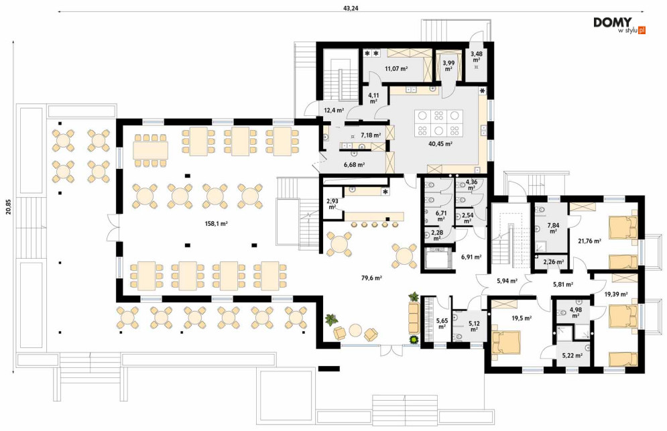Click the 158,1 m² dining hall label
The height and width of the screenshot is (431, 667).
[216, 223]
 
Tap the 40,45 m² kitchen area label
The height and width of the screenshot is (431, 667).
[440, 144]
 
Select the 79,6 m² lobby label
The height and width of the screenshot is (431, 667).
[371, 278]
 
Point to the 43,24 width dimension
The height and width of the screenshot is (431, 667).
[351, 8]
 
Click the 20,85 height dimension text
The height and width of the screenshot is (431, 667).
[8, 208]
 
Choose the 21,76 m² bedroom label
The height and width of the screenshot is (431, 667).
[589, 241]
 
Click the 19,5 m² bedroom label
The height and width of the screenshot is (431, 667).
[522, 318]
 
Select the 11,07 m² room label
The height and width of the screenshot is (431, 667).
[396, 68]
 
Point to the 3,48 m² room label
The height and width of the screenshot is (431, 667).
[477, 56]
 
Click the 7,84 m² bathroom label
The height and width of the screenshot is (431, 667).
[553, 228]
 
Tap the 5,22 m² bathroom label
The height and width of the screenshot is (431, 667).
[572, 356]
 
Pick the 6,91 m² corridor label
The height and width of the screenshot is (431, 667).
[471, 257]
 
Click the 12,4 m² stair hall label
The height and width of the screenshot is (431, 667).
[334, 110]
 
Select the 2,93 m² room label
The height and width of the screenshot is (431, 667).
[332, 204]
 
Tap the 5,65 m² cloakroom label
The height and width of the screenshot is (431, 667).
[442, 324]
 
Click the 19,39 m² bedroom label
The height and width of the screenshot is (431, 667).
[616, 294]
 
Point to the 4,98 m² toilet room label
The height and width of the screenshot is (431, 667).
[576, 313]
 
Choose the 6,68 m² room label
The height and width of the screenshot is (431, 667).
[354, 165]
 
